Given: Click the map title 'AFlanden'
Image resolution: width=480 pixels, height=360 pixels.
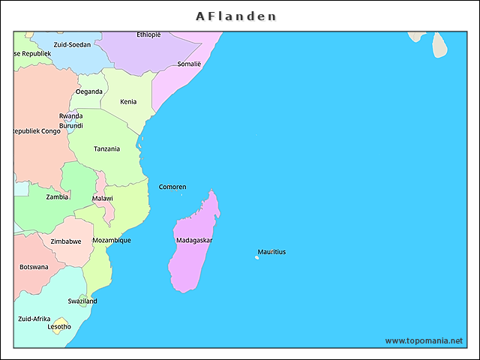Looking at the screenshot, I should click(236, 16).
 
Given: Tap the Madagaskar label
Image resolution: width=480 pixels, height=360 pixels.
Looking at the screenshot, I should click(194, 241).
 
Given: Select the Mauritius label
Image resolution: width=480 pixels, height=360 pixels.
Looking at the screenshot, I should click(271, 252).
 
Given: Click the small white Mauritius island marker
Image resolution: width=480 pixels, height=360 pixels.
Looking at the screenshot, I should click(256, 258).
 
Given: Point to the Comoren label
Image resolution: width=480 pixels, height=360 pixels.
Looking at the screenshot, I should click(172, 187).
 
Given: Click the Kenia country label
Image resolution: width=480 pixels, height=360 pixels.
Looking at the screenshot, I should click(128, 101).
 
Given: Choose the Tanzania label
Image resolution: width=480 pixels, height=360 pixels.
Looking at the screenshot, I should click(106, 148).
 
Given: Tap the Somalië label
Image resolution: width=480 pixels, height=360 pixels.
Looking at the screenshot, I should click(189, 64).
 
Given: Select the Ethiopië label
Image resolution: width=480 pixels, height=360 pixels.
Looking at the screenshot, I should click(148, 34).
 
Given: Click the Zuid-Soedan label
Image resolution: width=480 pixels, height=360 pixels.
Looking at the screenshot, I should click(72, 45).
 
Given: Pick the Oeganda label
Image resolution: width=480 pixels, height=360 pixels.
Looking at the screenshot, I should click(89, 91).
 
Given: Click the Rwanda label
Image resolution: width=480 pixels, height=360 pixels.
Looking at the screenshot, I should click(70, 116).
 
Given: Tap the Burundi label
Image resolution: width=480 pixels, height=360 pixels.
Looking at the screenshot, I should click(70, 125).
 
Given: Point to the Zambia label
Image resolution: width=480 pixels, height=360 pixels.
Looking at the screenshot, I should click(58, 197).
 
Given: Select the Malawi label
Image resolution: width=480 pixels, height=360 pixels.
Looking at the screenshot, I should click(103, 199).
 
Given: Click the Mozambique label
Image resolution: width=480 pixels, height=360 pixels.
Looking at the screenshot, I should click(112, 241).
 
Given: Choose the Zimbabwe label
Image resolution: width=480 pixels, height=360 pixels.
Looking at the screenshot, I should click(65, 241).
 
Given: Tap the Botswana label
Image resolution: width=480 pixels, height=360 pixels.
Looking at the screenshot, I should click(34, 267).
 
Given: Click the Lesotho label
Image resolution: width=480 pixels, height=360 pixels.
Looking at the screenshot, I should click(59, 327).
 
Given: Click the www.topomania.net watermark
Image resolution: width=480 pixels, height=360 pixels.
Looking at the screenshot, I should click(424, 340).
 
